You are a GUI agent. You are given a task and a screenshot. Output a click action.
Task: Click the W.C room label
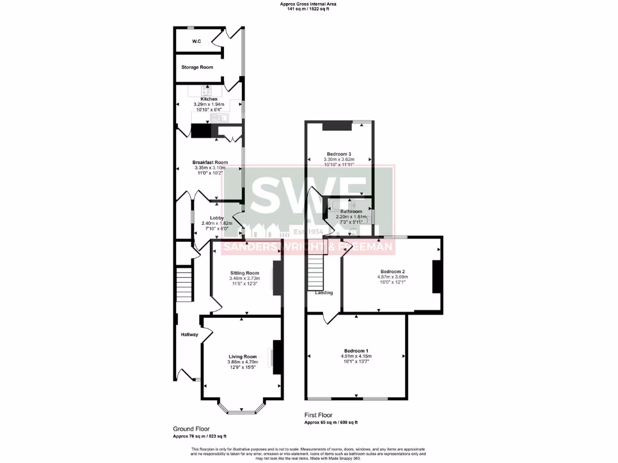196,42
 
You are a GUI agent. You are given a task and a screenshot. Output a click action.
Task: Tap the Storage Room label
197,68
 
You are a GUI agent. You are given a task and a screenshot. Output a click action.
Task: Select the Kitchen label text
209,99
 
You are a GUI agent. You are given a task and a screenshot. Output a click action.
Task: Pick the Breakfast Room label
210,162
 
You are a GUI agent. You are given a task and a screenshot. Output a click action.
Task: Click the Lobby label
217,218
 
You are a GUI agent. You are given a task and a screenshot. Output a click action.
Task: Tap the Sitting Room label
244,272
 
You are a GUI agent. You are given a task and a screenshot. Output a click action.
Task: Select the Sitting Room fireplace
276,278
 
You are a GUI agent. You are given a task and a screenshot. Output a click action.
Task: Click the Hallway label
189,335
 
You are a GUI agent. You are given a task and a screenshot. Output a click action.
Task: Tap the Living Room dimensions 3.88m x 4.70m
242,362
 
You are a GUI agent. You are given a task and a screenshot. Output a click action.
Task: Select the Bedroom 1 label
356,351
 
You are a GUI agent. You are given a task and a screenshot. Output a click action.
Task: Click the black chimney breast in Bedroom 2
438,277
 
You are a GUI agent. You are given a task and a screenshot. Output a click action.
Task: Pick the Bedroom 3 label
339,154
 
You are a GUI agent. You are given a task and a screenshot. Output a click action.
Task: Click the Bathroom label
351,212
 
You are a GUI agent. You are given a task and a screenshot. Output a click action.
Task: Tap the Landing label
323,293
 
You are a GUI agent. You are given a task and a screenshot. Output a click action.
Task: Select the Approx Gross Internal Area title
308,4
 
